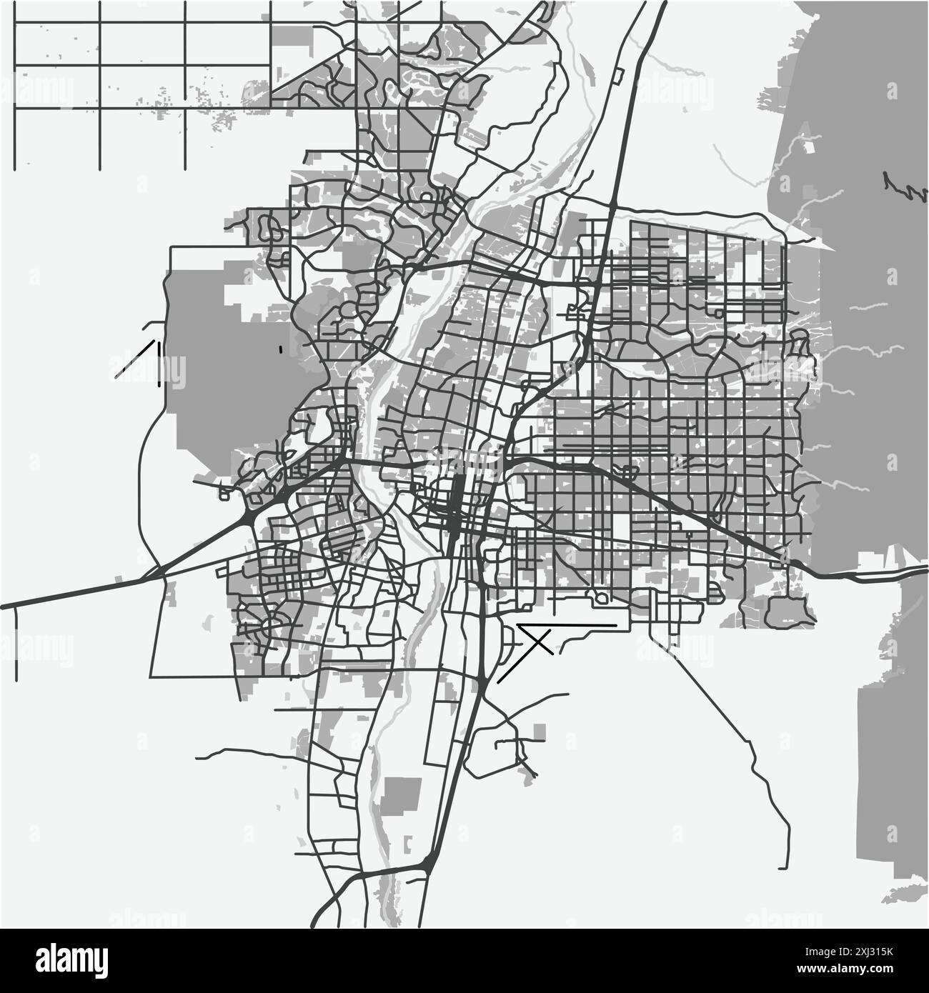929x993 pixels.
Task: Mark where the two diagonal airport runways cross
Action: click(540, 642)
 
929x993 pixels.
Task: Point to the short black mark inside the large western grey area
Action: click(281, 349)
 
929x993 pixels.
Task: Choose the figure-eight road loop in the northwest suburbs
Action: click(271, 228)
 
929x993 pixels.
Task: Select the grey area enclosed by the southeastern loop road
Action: click(786, 611)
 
